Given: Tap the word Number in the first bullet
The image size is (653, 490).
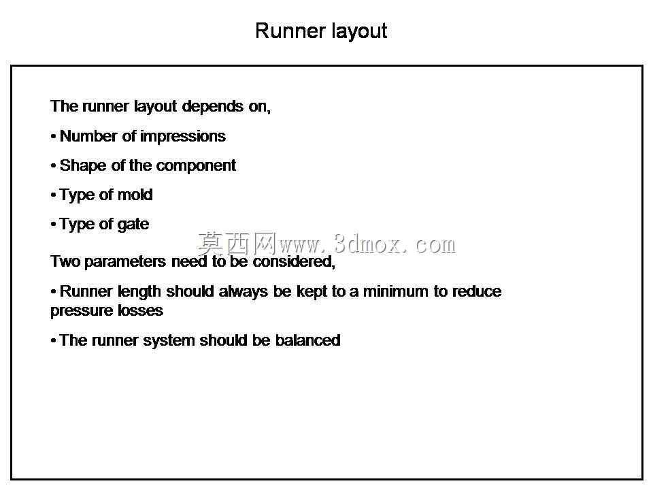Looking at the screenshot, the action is point(88,136).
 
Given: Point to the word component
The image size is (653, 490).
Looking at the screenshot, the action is point(196,166).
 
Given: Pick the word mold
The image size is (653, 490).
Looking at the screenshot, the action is point(135,195).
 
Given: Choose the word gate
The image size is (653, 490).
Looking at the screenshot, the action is point(133,225).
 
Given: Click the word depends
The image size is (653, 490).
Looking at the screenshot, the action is point(213,107).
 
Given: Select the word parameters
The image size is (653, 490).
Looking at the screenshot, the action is point(125,261).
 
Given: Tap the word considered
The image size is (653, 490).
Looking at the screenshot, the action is point(294,261).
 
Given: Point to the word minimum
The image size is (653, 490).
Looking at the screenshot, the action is point(396,291).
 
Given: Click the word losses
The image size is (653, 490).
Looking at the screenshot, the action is point(140,310).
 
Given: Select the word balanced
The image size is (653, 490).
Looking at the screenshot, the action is point(307,340).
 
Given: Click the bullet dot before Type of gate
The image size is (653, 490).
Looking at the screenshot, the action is point(53,225).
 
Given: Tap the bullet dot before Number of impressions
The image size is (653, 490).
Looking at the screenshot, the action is point(53,136).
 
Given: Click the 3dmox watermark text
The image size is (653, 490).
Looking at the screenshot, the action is point(326,244).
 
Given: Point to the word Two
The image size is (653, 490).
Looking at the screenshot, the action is point(65,261).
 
